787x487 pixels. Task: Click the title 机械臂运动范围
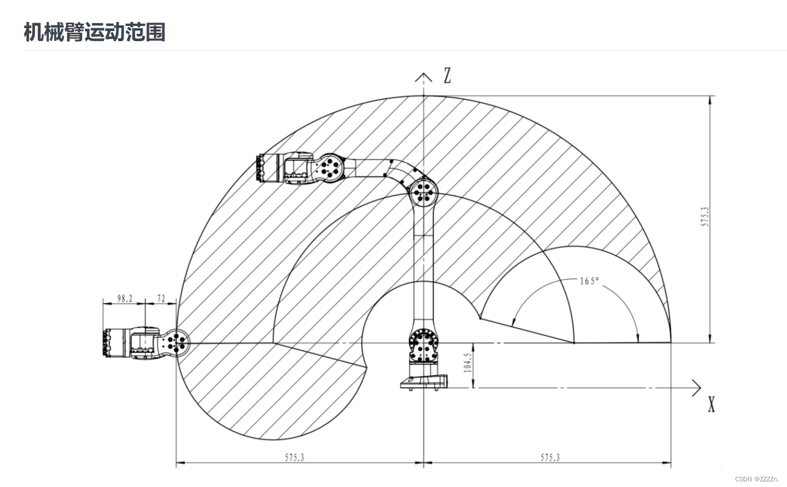coord(94,32)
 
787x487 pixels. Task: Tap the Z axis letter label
coord(447,75)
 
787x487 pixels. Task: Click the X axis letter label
coord(711,404)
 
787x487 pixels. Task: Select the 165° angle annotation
coord(589,281)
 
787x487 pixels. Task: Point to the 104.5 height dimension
coord(467,362)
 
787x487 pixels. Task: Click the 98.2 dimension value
coord(125,298)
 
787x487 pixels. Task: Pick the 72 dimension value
coord(161,298)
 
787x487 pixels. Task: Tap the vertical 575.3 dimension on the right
coord(705,216)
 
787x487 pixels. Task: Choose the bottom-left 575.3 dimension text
coord(294,457)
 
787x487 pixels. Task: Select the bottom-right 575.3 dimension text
coord(550,457)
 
